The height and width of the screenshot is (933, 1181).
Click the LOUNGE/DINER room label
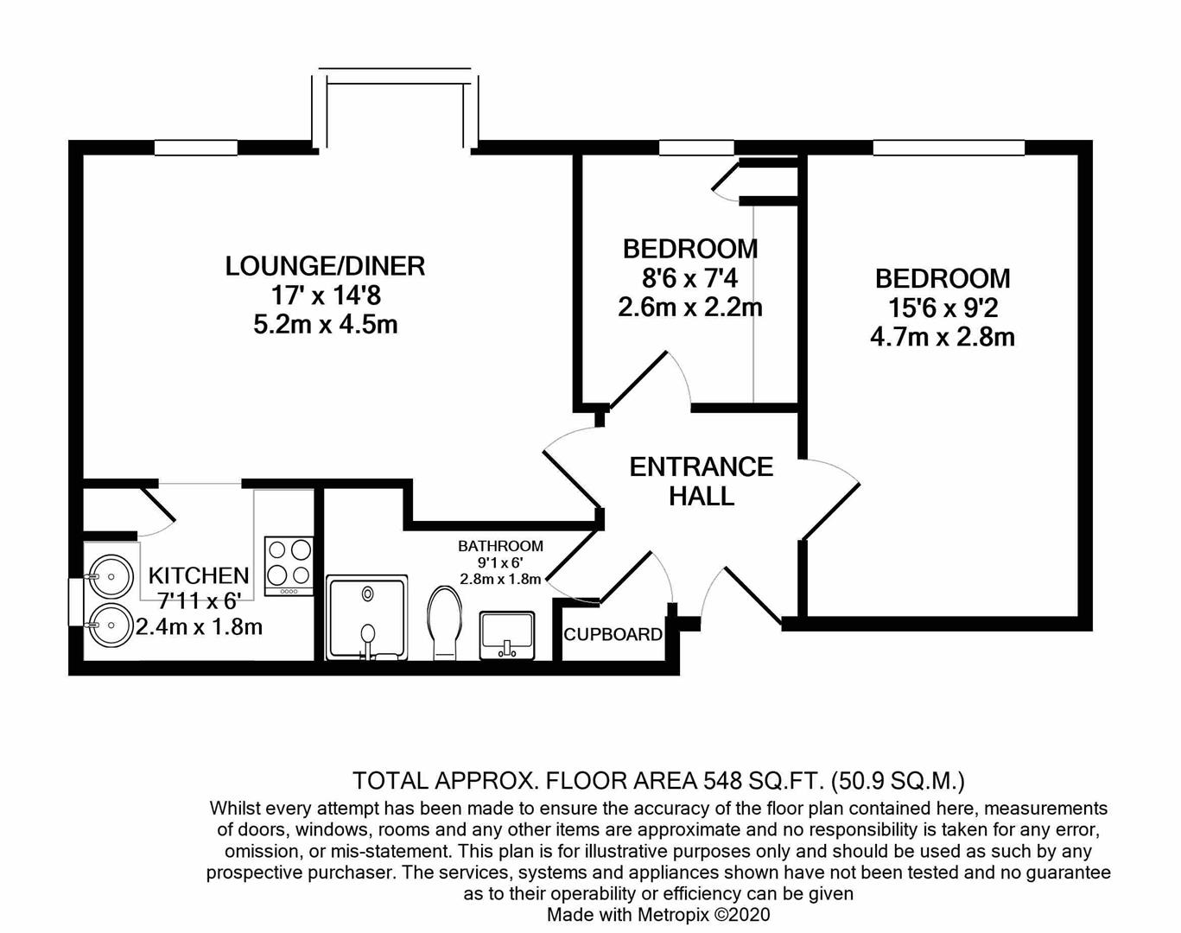pos(325,266)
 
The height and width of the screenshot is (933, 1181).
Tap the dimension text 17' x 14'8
pos(326,295)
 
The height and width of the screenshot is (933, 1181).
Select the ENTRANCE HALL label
pos(702,481)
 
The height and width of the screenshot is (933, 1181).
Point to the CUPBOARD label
pos(613,634)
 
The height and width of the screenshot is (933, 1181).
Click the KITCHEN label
pos(199,575)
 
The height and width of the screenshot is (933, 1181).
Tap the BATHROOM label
pos(500,546)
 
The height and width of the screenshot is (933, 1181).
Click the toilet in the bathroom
pos(445,623)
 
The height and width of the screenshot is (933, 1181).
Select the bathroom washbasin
pos(507,635)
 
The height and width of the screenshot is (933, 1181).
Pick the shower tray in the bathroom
pos(367,618)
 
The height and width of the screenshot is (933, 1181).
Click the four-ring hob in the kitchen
pos(289,566)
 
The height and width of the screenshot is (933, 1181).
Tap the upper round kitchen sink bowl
pos(111,577)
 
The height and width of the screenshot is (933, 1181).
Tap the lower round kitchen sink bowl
pos(111,625)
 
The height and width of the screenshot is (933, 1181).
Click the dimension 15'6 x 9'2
pos(943,308)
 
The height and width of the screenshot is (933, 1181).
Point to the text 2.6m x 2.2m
pos(689,308)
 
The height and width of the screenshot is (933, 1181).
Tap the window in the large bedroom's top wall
pos(949,148)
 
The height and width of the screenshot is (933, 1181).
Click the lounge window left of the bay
pos(196,148)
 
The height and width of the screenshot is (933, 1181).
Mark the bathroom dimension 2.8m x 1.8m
pos(500,579)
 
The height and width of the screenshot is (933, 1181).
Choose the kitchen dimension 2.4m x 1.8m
pos(199,627)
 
